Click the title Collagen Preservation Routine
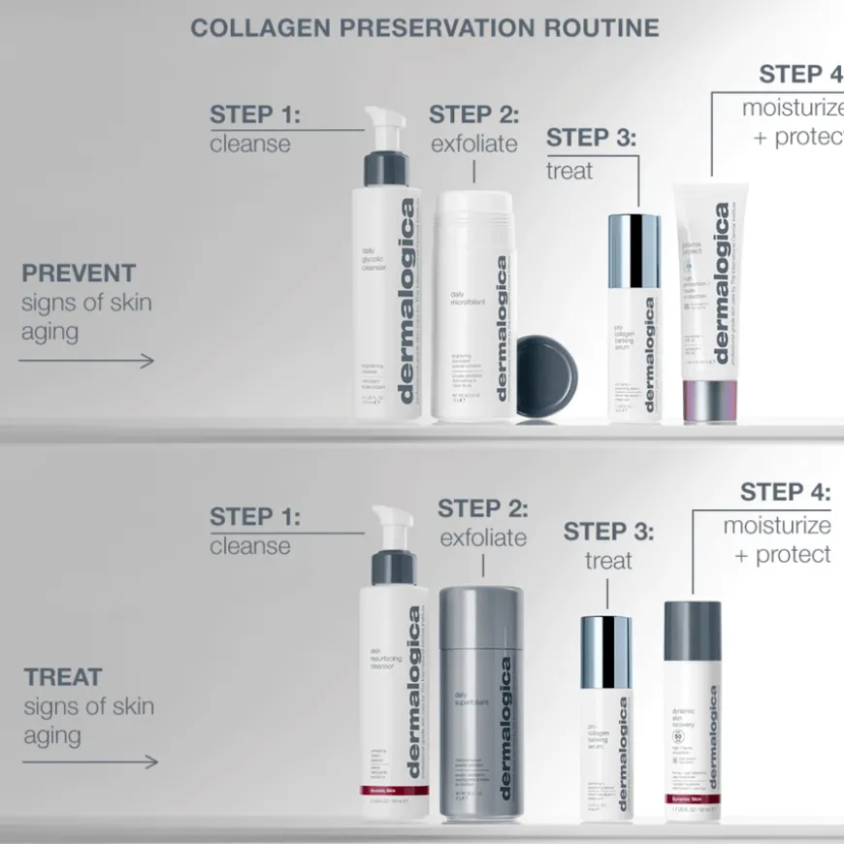424,27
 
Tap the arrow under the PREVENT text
86,361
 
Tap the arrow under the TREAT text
89,762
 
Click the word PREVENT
79,274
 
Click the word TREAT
63,676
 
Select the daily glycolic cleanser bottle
387,291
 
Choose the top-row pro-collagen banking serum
633,320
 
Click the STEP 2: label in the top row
474,114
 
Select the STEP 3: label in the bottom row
608,531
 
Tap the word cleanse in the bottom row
250,546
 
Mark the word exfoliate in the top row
473,145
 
